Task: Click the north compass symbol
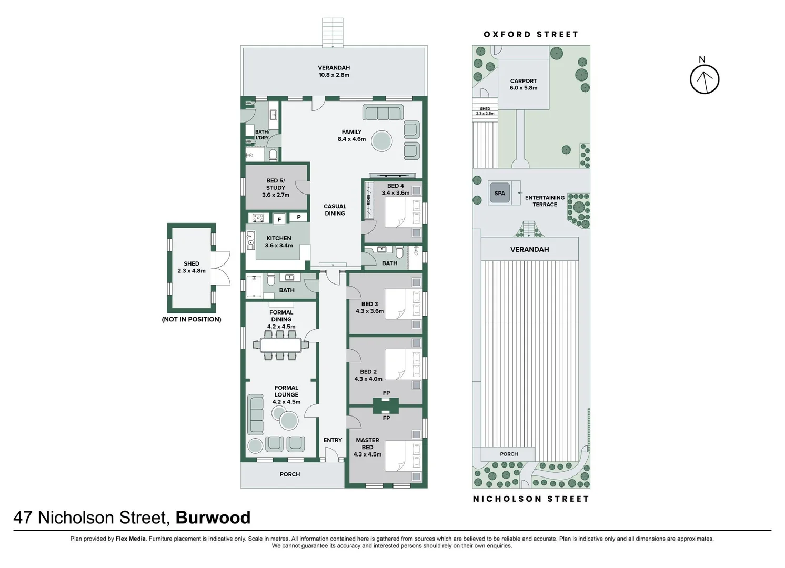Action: pos(704,79)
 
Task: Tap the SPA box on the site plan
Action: pos(499,193)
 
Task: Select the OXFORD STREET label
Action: pos(531,34)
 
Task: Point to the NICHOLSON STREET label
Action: pos(531,499)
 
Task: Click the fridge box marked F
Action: pos(279,219)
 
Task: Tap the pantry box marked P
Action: pos(299,217)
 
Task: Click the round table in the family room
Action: pos(381,141)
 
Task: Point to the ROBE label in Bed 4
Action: pos(369,200)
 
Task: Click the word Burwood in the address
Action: pos(213,518)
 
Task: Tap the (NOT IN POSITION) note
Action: pos(192,319)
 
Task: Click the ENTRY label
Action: pos(333,440)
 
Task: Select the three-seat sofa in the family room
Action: pos(383,113)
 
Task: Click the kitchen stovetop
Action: pos(258,218)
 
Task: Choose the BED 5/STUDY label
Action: pos(276,188)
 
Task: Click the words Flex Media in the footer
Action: pos(130,539)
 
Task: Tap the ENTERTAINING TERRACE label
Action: pos(545,201)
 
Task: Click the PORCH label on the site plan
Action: pos(509,454)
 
